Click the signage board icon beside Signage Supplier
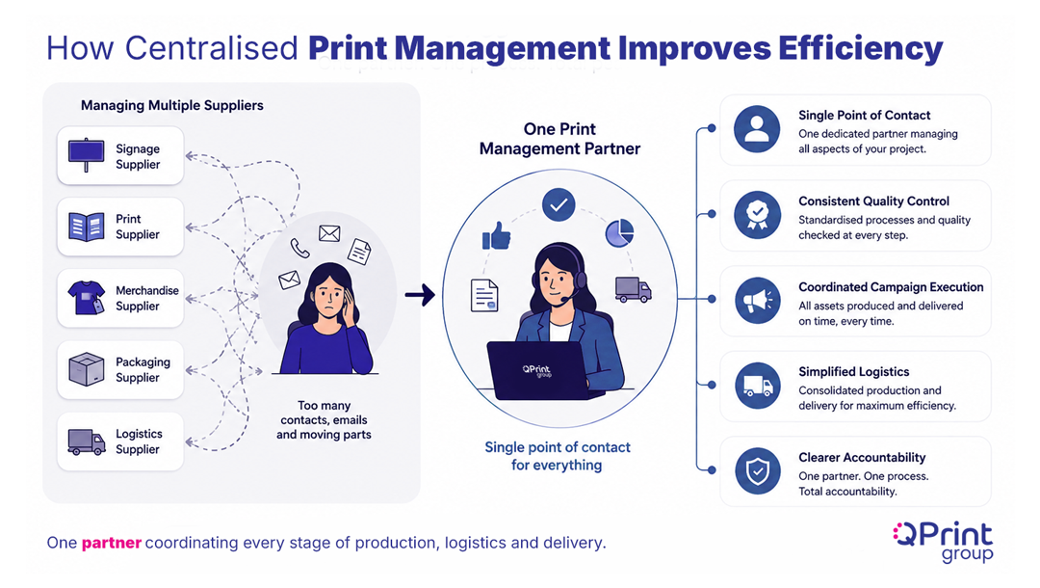(x=87, y=155)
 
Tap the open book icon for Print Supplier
(x=87, y=227)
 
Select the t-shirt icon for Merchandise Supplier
(x=87, y=297)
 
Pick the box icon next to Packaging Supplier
(x=87, y=369)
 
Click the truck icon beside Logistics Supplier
(x=87, y=441)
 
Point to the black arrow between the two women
(x=420, y=295)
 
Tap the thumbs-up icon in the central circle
(x=496, y=235)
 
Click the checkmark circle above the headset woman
(x=559, y=205)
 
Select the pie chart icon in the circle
(x=619, y=233)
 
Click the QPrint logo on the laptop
(x=536, y=370)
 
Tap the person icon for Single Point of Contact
(x=757, y=129)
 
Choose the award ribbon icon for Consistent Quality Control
(x=757, y=214)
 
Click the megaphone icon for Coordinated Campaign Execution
(x=757, y=300)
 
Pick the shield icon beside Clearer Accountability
(x=757, y=471)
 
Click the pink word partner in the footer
(x=112, y=544)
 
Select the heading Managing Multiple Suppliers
(x=171, y=105)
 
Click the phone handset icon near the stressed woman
(x=299, y=248)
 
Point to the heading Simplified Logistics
(x=853, y=372)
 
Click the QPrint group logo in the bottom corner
(x=943, y=542)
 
